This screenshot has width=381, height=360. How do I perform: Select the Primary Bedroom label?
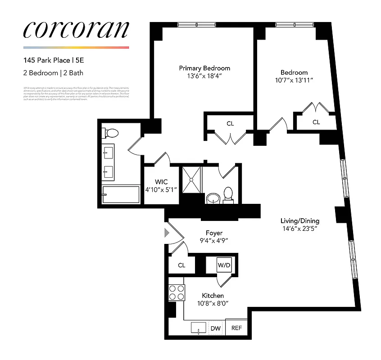204,68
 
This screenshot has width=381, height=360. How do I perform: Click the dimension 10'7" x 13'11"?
294,80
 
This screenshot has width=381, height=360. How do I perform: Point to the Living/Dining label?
299,221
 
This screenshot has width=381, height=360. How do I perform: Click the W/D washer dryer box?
224,265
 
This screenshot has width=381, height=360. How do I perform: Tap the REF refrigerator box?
236,328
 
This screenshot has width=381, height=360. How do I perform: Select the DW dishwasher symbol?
216,329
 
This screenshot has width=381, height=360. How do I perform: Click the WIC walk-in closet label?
161,182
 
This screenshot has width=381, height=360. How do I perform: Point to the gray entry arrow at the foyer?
167,233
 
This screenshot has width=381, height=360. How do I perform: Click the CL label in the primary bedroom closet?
230,124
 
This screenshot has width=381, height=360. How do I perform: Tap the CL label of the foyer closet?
181,265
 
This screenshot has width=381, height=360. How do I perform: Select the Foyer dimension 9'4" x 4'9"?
214,241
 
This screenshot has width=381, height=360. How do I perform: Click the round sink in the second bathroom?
212,198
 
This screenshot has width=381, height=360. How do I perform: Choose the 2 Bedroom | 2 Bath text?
53,72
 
